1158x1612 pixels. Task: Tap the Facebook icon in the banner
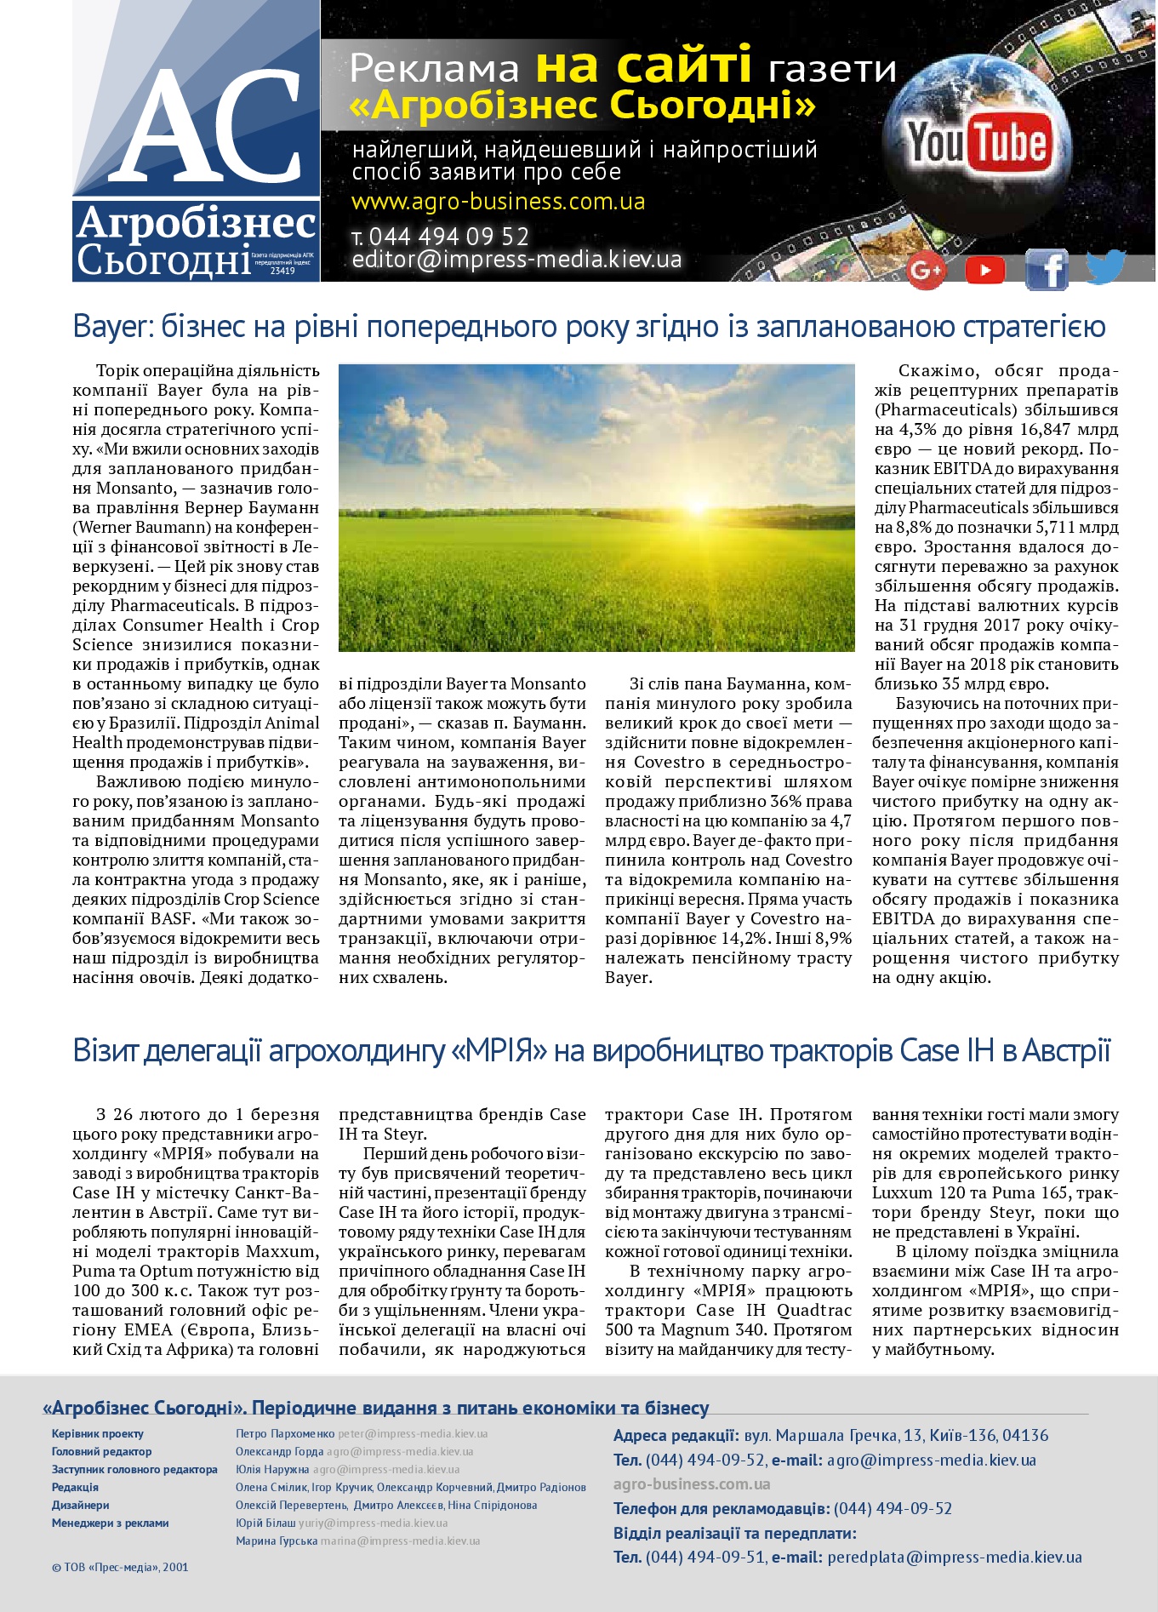[x=1047, y=270]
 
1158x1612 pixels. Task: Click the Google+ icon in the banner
[x=926, y=271]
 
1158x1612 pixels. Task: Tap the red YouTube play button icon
[x=984, y=270]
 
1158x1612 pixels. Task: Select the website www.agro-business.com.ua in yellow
[x=498, y=203]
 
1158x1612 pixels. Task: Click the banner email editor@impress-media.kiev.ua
[x=517, y=260]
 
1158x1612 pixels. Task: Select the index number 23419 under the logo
[x=282, y=271]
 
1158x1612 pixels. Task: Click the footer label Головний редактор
[x=101, y=1451]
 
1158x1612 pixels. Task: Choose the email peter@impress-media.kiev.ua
[x=413, y=1433]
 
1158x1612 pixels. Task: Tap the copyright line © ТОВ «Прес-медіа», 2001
[x=120, y=1566]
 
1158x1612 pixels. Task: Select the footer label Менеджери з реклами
[x=110, y=1523]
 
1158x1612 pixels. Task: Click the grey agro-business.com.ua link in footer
[x=692, y=1483]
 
